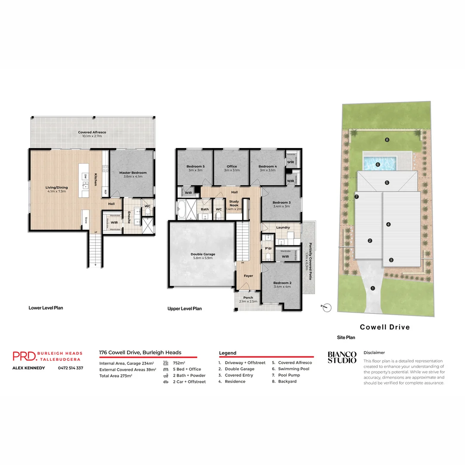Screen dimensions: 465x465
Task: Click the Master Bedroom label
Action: tap(133, 173)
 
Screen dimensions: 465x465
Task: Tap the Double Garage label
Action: tap(203, 254)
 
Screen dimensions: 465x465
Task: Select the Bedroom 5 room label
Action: tap(195, 167)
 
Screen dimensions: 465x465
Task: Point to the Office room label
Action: tap(232, 167)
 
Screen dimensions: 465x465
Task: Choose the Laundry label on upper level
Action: tap(283, 227)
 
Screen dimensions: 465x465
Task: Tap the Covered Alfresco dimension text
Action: tap(92, 136)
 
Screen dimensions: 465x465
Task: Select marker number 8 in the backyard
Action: tap(387, 140)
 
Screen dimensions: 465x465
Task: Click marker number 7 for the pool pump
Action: tap(357, 197)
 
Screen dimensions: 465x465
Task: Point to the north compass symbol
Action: tap(327, 307)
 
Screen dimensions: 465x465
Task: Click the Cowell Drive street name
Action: tap(384, 327)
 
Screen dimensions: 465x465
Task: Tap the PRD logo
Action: tap(25, 356)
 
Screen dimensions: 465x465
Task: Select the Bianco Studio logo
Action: tap(342, 357)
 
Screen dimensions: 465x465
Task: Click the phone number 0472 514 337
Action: tap(71, 368)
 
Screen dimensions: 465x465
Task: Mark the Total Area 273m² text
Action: tap(115, 376)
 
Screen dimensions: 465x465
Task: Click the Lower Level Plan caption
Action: tap(46, 308)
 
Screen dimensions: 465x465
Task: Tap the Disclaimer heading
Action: tap(374, 352)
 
